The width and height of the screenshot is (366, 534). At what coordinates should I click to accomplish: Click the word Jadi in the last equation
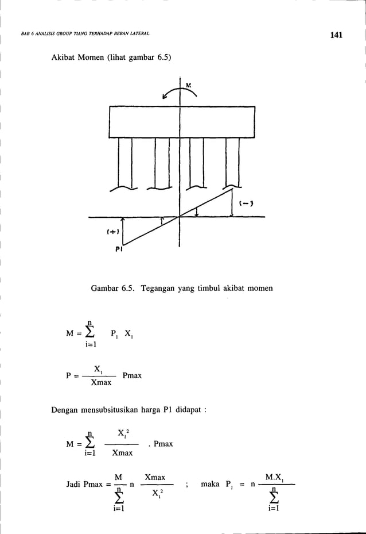click(x=76, y=485)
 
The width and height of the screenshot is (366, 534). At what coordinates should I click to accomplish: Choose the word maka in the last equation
click(x=212, y=485)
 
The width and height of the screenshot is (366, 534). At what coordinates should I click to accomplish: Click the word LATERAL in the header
click(x=139, y=34)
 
